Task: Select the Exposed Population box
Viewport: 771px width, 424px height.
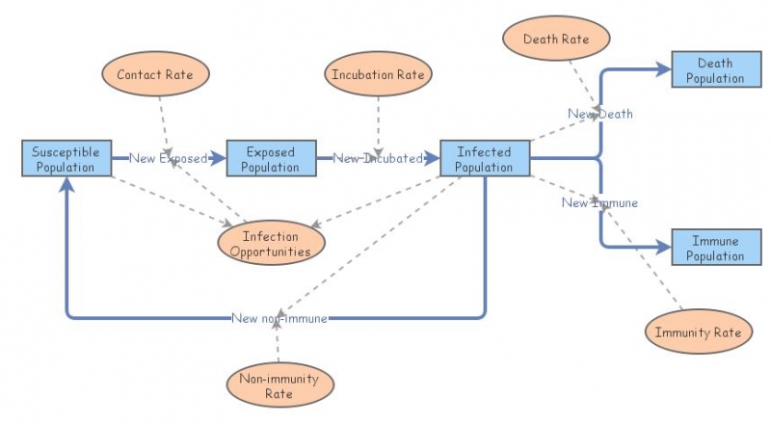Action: coord(271,159)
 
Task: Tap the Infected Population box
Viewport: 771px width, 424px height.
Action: coord(485,159)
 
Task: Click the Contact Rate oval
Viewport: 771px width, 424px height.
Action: coord(155,74)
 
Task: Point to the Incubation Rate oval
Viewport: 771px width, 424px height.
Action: coord(378,74)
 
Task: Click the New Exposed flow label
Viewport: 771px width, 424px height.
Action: coord(169,159)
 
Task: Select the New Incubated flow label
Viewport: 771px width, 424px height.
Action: coord(378,159)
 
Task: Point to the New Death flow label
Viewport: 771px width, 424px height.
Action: coord(600,114)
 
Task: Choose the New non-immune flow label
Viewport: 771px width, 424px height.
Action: coord(279,318)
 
